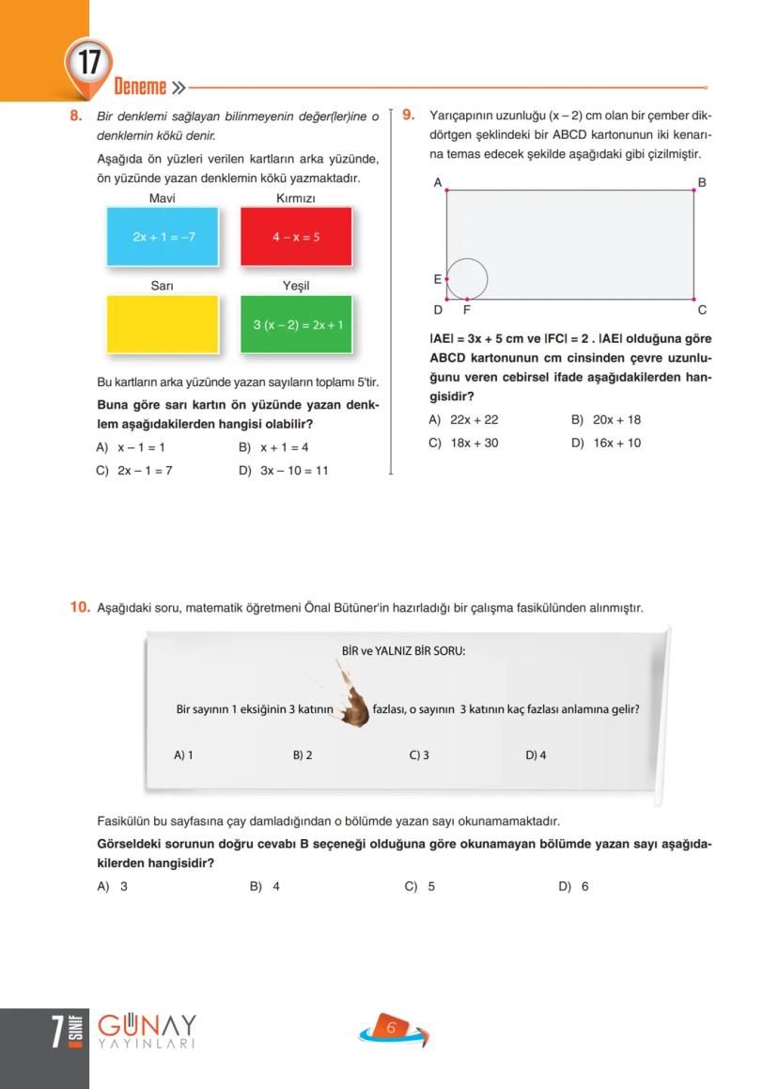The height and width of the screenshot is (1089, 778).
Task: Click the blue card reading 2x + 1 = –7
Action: [x=163, y=237]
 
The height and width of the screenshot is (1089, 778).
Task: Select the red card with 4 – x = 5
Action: [x=296, y=237]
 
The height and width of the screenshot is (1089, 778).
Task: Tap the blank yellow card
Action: [x=163, y=325]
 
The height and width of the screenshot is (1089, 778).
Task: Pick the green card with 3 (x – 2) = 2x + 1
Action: [x=297, y=325]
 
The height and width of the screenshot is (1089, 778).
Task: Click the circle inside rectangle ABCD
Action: [x=467, y=279]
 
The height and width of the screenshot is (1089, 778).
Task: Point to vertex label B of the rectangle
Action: [x=702, y=181]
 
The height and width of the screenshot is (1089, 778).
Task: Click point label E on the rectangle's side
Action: [x=437, y=279]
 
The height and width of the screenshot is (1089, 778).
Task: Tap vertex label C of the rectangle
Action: [x=702, y=310]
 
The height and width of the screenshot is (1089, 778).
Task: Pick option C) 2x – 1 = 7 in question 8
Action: [x=134, y=471]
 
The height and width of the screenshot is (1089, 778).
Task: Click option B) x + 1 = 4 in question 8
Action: [x=274, y=448]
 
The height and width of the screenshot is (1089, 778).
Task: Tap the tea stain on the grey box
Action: [x=354, y=703]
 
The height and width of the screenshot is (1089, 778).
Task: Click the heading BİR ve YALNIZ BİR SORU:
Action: [x=403, y=650]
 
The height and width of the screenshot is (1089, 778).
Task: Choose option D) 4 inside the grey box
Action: [x=536, y=755]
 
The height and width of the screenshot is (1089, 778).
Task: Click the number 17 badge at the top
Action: [x=89, y=65]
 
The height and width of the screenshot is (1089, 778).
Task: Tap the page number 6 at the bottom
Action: [x=391, y=1029]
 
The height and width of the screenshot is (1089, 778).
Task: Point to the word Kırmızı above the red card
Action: [x=296, y=198]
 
